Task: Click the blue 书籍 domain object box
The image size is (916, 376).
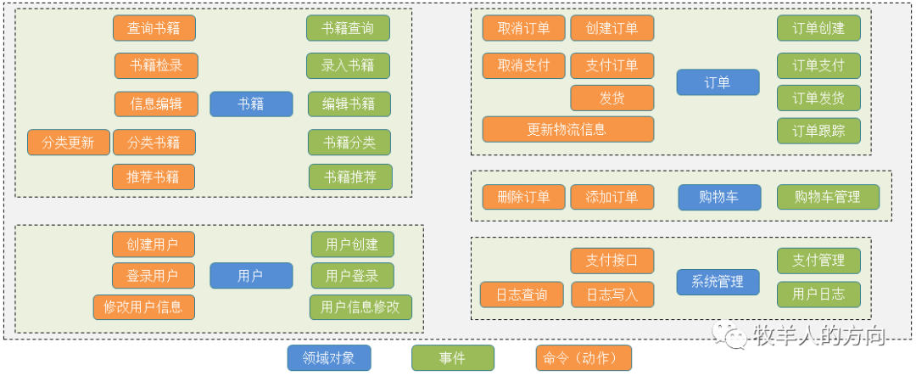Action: point(251,104)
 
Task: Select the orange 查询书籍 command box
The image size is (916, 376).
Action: point(154,28)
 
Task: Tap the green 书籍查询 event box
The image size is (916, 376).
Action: point(348,28)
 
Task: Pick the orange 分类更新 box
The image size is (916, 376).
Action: point(69,143)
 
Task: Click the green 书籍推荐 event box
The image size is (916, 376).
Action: point(350,177)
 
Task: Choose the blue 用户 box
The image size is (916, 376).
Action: point(251,275)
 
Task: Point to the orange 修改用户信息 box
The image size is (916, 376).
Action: point(143,306)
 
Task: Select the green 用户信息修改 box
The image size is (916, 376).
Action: point(360,306)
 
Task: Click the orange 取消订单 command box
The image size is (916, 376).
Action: point(523,28)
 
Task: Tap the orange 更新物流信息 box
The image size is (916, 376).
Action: point(567,130)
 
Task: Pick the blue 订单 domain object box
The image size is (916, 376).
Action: point(718,82)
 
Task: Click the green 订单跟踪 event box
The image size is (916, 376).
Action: point(818,131)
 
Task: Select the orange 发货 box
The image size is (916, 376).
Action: point(612,98)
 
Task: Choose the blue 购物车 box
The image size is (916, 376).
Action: point(718,197)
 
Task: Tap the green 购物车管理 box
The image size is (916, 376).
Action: point(828,197)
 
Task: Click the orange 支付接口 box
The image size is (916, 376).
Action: point(612,261)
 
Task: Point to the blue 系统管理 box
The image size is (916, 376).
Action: point(718,282)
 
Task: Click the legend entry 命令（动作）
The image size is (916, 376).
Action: point(584,358)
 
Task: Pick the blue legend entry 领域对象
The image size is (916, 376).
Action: point(329,358)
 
